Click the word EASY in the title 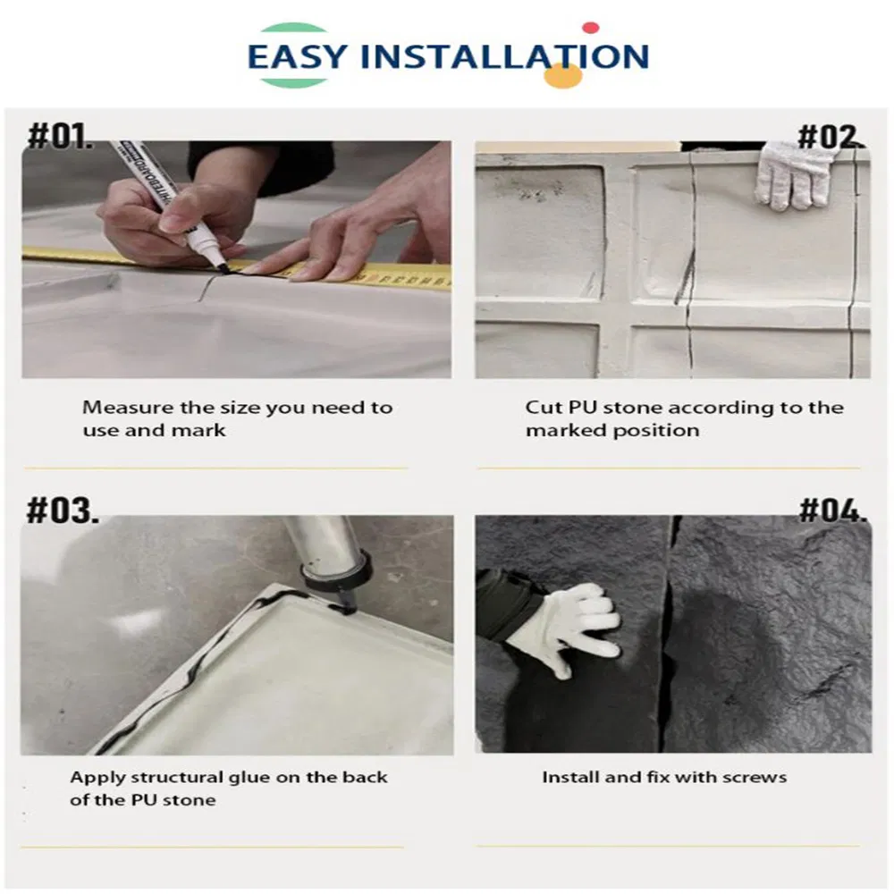point(297,56)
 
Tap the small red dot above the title point(591,28)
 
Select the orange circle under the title point(562,75)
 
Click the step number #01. point(60,136)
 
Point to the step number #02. point(831,138)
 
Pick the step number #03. point(63,510)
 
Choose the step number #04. point(832,510)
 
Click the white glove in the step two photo point(791,174)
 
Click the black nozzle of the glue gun point(345,600)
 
